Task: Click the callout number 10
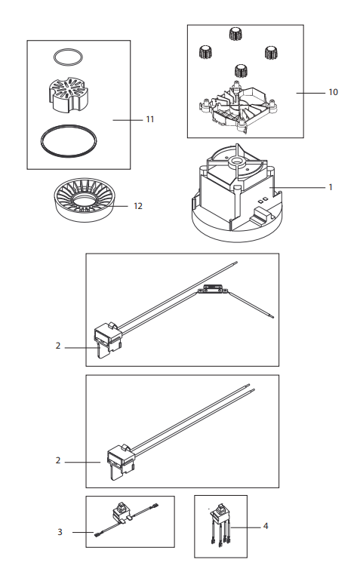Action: point(333,92)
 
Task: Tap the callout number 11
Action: point(150,119)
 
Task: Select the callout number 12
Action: point(138,206)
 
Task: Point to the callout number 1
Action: point(331,187)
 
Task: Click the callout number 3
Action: point(60,532)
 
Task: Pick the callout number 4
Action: point(266,526)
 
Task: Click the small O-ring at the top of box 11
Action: point(68,57)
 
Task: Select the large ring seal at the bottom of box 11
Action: point(69,141)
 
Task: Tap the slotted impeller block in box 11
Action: point(69,94)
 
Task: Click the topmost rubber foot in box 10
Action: point(236,34)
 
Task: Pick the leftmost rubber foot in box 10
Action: point(206,53)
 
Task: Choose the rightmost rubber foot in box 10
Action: point(271,54)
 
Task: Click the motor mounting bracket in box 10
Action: point(239,106)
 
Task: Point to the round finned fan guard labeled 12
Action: point(85,200)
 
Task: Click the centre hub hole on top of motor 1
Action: point(235,161)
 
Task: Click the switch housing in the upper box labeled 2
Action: point(108,336)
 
